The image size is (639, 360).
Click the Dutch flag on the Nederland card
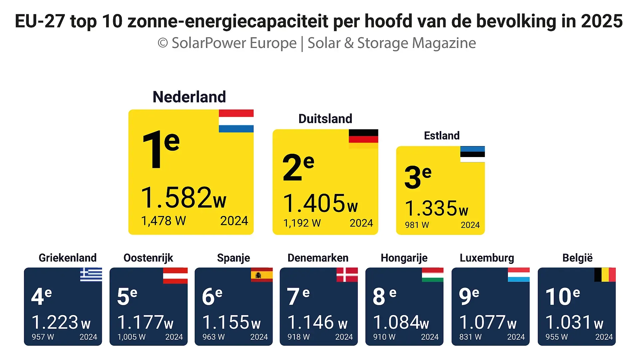[236, 121]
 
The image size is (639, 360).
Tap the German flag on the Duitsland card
[363, 139]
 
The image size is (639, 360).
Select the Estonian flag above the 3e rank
[472, 154]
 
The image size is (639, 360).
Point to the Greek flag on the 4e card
[91, 274]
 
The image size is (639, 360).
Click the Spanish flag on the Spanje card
[262, 275]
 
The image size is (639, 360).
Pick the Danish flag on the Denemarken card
[347, 275]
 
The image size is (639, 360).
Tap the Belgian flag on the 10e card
[605, 275]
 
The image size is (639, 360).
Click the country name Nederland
[189, 97]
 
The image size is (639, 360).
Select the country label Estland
[442, 136]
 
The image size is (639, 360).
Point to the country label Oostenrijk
[148, 258]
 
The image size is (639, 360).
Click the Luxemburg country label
[487, 258]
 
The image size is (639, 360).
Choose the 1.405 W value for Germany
[320, 203]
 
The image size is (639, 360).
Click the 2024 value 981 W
[417, 225]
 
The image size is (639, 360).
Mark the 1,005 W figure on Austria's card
[131, 337]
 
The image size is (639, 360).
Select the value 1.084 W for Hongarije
[401, 322]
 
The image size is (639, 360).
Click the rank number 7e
[298, 296]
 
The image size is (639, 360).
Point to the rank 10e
[562, 296]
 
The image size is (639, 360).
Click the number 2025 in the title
[602, 21]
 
